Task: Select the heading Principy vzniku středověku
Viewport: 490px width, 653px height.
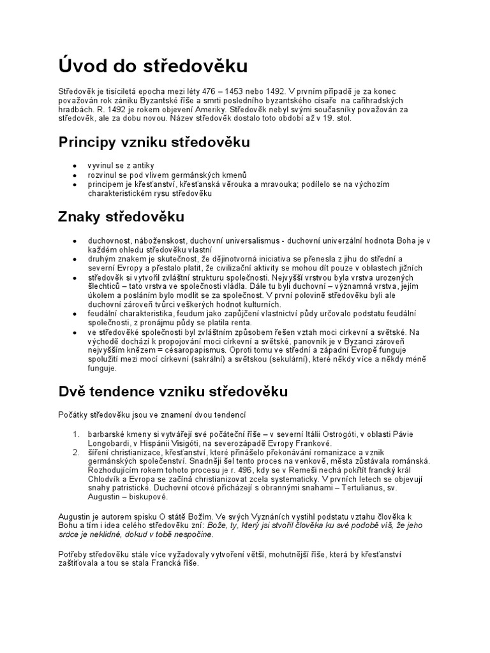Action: click(x=154, y=142)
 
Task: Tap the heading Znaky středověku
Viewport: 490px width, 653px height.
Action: click(x=121, y=217)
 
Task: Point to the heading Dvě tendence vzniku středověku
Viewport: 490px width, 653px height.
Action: click(x=173, y=390)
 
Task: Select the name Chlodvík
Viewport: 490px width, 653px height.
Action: click(x=107, y=479)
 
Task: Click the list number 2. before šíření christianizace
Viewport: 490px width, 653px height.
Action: click(x=75, y=451)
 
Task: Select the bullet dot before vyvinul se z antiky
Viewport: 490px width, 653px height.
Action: click(x=76, y=166)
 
